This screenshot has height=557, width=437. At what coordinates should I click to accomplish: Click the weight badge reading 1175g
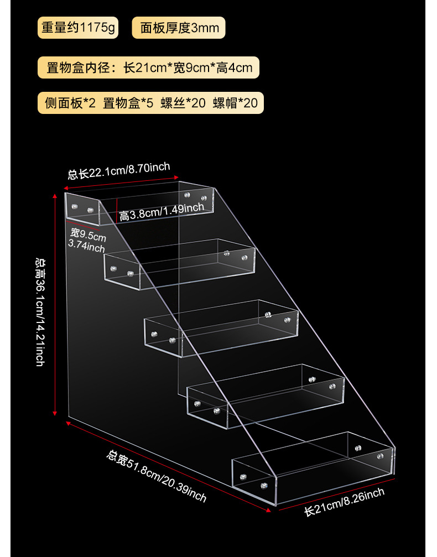[x=77, y=28]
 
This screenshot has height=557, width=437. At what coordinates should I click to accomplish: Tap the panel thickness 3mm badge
[x=179, y=28]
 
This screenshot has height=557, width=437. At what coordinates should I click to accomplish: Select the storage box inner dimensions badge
[x=149, y=68]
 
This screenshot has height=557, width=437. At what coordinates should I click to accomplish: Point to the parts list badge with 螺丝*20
[x=150, y=103]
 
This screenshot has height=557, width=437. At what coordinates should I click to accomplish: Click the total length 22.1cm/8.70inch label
[x=118, y=171]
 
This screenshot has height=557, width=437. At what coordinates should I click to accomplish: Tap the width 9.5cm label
[x=88, y=237]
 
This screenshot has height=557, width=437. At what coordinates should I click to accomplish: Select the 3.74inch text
[x=86, y=247]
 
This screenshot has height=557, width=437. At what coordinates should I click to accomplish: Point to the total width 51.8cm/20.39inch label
[x=157, y=476]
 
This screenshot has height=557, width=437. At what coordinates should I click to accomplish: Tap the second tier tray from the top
[x=180, y=264]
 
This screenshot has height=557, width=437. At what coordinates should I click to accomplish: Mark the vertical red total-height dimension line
[x=55, y=304]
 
